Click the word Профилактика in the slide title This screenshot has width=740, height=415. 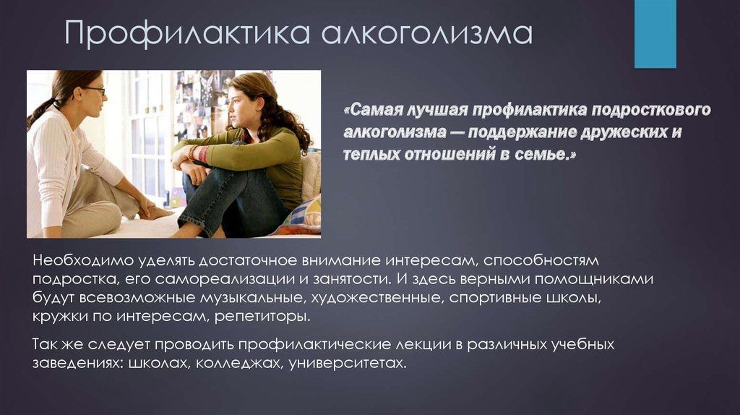pos(187,34)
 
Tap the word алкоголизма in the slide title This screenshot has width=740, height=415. pos(427,34)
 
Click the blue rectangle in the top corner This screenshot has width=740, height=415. pos(655,34)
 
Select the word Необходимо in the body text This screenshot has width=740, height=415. pos(84,260)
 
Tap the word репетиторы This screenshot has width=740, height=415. pos(262,317)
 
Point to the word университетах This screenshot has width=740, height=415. pos(348,364)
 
